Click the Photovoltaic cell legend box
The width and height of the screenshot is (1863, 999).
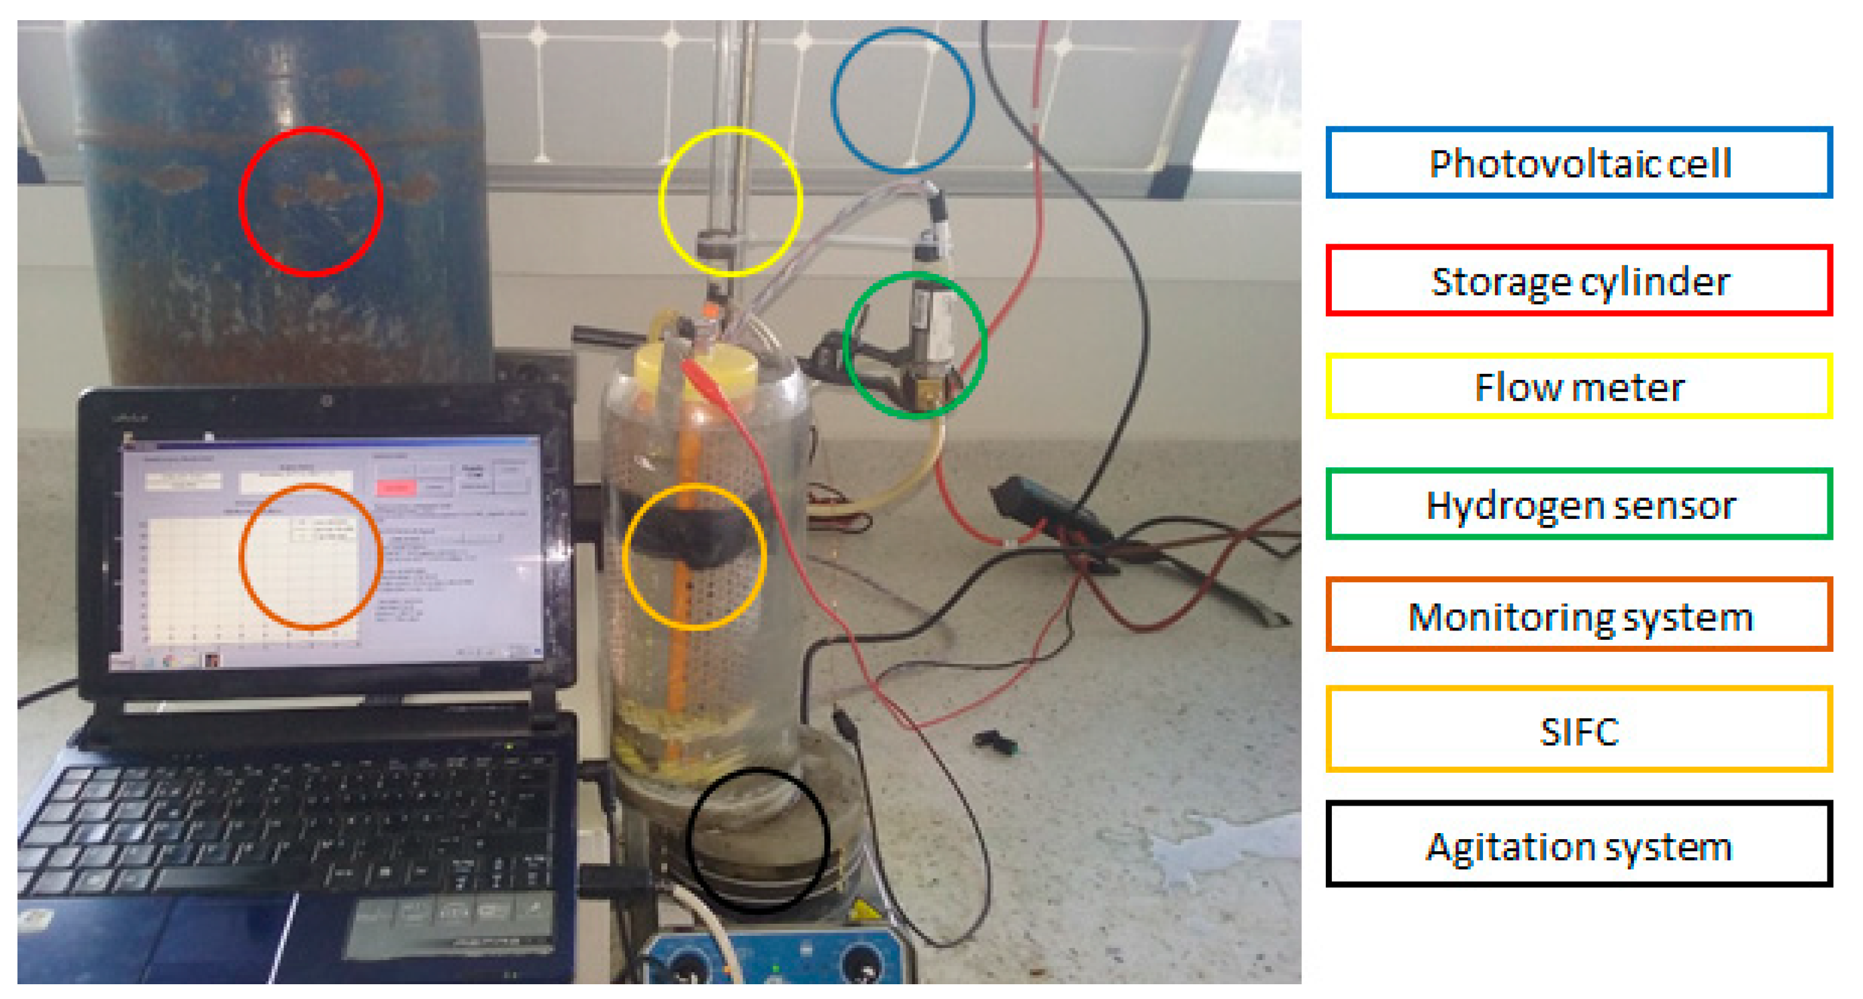1578,162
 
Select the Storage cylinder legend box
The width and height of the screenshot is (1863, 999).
1578,281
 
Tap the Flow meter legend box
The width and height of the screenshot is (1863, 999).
1578,386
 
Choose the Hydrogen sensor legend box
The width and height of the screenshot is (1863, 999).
1578,504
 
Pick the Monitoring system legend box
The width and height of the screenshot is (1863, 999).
1578,615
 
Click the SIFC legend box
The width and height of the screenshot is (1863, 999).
1578,729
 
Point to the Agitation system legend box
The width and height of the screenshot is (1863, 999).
1578,844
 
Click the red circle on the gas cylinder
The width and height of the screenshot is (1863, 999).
311,203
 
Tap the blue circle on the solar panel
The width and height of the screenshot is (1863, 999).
902,101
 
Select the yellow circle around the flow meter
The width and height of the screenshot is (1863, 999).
730,202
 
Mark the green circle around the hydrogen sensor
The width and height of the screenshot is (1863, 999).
915,344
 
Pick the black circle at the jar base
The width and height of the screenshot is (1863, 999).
757,840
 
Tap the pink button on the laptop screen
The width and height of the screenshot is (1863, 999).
395,487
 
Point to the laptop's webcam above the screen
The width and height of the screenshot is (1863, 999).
327,400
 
